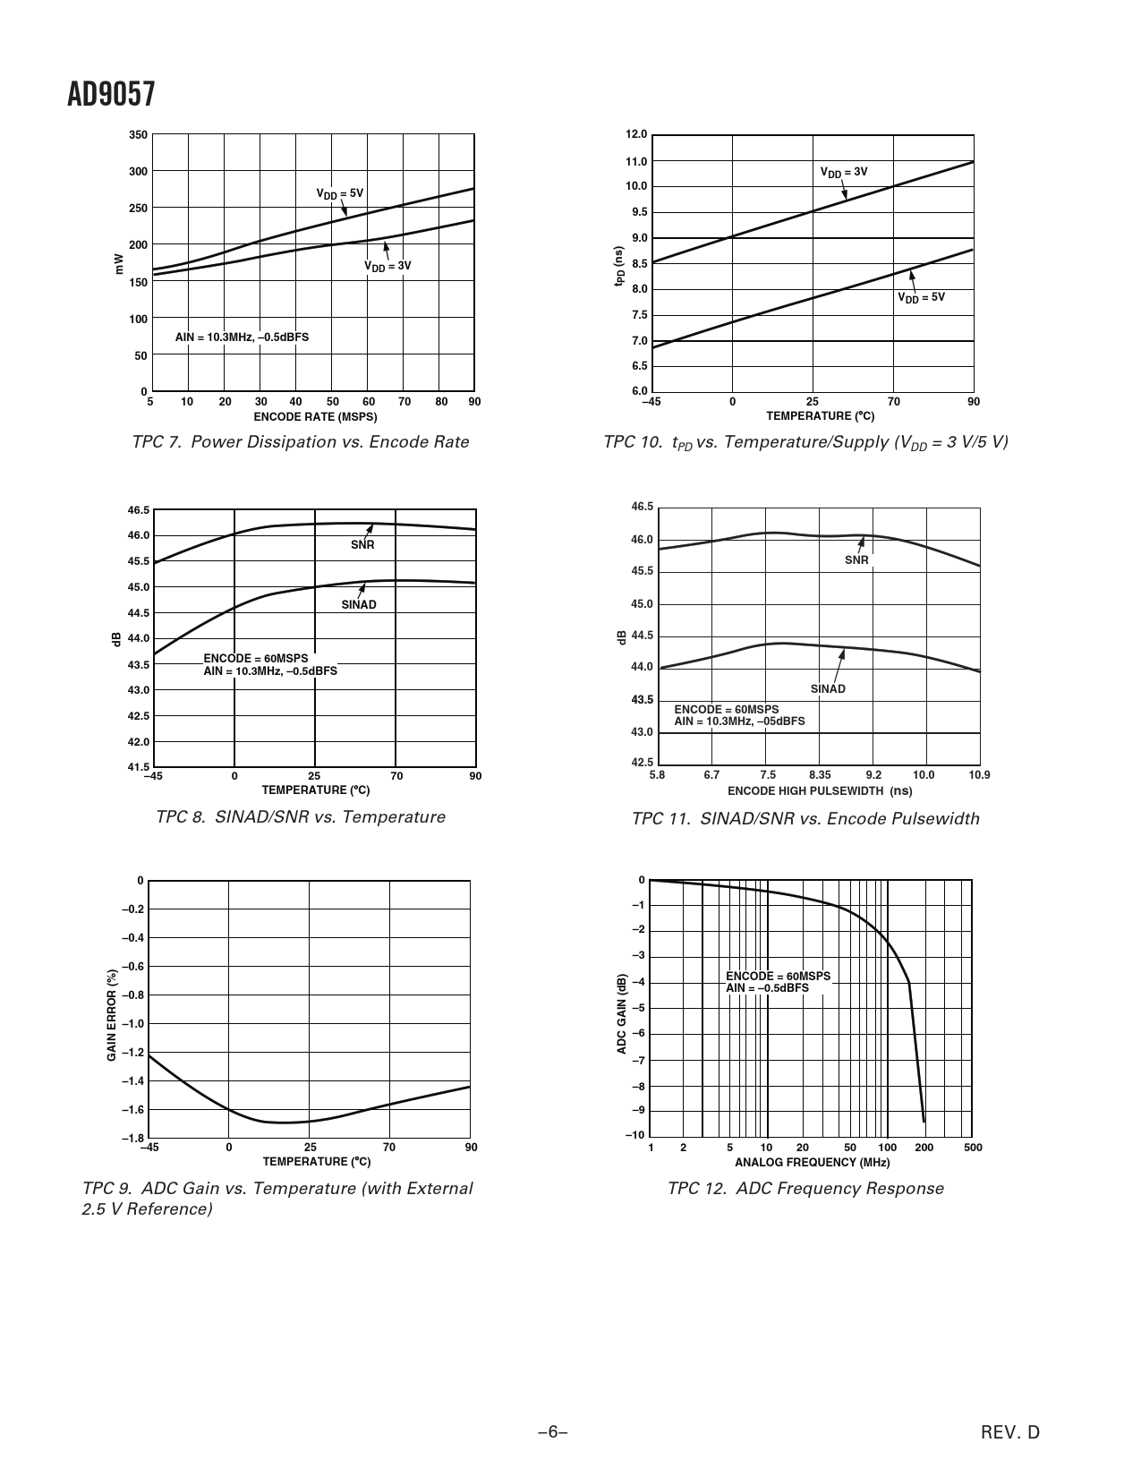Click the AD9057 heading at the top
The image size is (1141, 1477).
pos(111,95)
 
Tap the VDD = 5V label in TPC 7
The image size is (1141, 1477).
pos(340,193)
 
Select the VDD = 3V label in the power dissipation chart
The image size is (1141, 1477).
pos(387,266)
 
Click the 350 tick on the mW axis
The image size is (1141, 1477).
pos(138,135)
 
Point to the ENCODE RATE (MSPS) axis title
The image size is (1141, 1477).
pos(315,416)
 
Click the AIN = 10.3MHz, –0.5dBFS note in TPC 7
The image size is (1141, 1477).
pos(242,337)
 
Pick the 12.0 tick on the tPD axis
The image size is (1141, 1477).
pos(635,134)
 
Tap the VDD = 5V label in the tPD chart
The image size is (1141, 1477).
pos(921,297)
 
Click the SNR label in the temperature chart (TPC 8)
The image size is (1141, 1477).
pos(362,544)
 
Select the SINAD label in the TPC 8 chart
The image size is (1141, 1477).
pos(359,604)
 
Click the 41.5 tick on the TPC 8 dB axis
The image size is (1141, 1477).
pos(139,767)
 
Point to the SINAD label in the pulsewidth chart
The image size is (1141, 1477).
pos(828,689)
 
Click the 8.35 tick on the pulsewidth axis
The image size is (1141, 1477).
pos(820,775)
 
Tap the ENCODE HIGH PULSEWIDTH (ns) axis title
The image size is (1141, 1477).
pos(820,791)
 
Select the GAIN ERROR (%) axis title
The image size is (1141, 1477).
pos(112,1015)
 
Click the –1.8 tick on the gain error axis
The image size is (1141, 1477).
pos(132,1138)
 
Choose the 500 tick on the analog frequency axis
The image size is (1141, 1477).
pos(973,1148)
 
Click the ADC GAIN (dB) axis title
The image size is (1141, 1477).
pos(622,1013)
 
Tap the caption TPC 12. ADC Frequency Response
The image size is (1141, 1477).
pos(805,1189)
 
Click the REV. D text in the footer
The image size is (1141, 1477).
pos(1010,1432)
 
